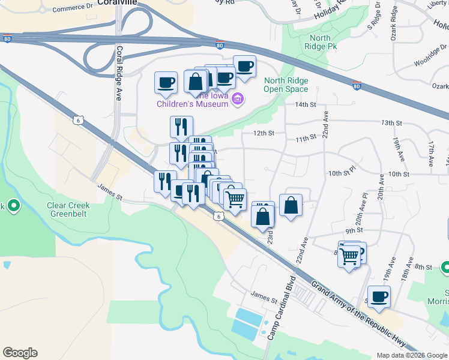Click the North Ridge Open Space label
click(286, 85)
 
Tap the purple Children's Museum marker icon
click(237, 99)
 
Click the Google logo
click(20, 353)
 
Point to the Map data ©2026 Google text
click(411, 355)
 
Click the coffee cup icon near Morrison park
click(379, 296)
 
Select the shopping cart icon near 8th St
click(349, 256)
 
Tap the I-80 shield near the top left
click(7, 39)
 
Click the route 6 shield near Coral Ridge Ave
click(78, 120)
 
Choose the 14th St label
click(305, 104)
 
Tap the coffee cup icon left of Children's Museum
click(166, 83)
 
